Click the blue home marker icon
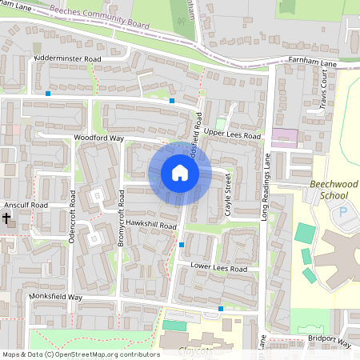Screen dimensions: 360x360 180,173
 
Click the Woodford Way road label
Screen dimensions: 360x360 98,138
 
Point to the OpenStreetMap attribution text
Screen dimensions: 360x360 80,354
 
